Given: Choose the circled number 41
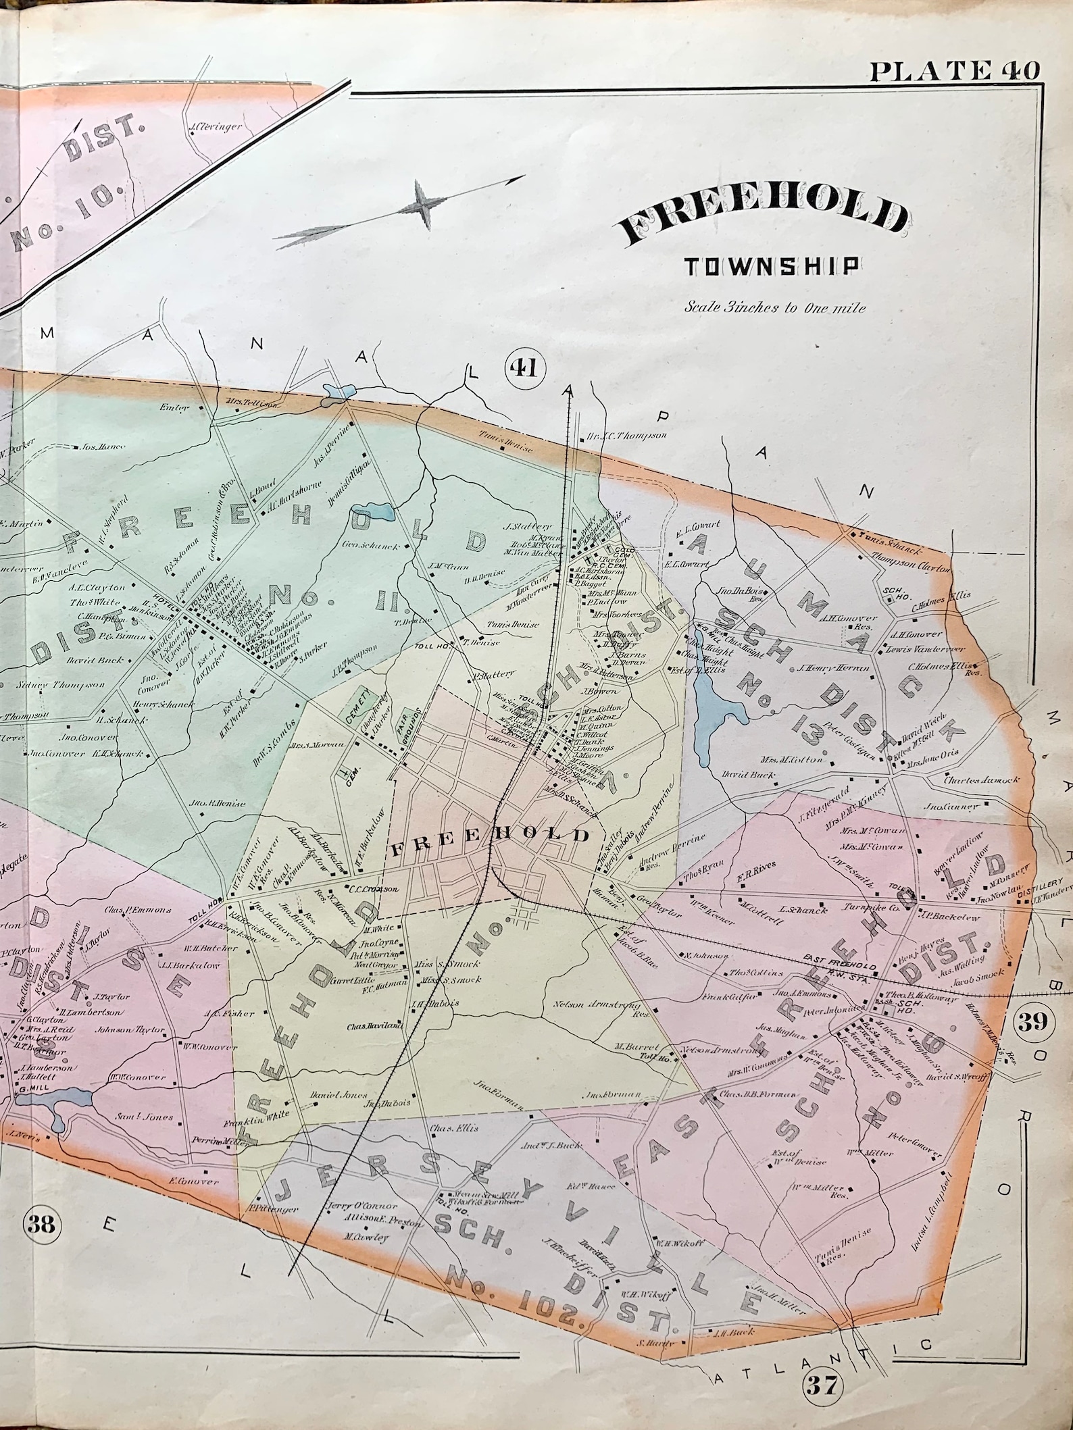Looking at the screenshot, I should (x=524, y=368).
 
